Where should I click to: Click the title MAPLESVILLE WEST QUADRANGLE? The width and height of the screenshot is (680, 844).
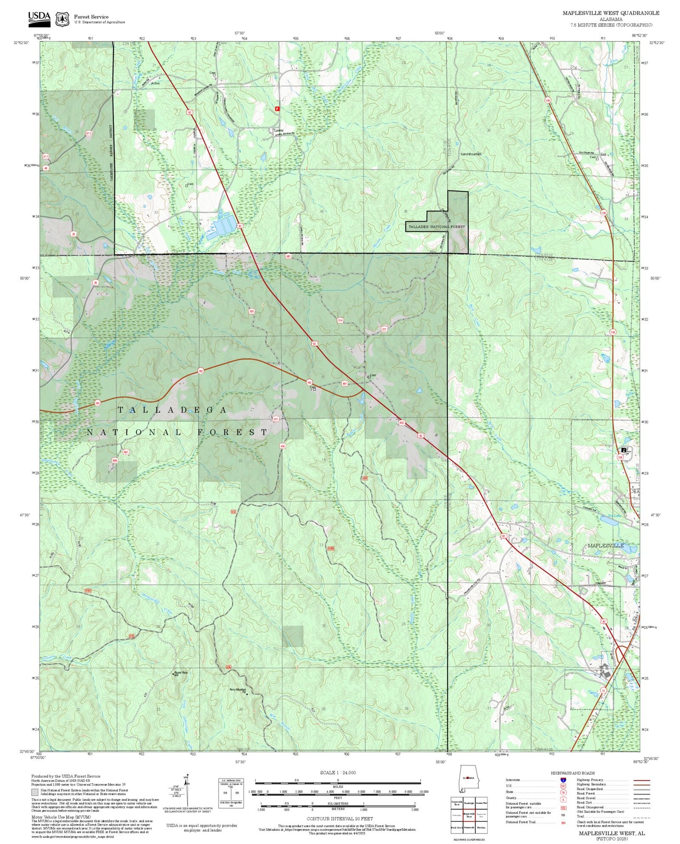(610, 13)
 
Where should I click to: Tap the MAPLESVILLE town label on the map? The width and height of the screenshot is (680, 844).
(606, 545)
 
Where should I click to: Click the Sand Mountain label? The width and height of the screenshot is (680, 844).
(471, 154)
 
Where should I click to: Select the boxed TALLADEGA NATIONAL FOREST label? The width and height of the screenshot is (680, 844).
(436, 227)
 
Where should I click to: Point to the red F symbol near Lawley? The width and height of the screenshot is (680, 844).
(277, 109)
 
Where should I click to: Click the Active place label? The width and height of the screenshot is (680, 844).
(155, 83)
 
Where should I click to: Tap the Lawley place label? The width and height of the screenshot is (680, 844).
(279, 130)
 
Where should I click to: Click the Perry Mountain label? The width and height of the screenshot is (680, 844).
(238, 690)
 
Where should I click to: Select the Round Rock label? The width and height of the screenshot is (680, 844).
(181, 673)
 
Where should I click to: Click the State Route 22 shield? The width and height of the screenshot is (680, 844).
(603, 690)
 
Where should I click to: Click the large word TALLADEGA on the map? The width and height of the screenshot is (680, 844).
(172, 410)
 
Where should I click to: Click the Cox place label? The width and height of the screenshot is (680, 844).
(603, 154)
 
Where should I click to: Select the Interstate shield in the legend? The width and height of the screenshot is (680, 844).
(563, 780)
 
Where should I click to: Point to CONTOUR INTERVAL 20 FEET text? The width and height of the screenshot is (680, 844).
(339, 819)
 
